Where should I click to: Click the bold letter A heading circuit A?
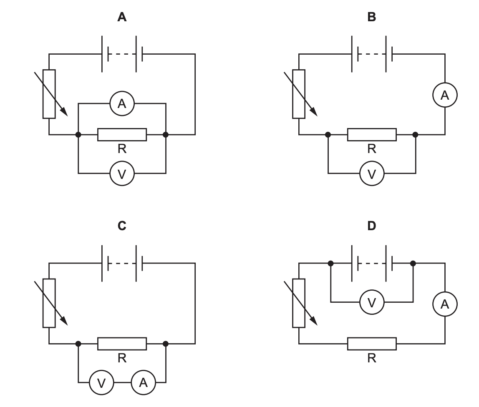(122, 17)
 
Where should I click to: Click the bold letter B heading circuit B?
(371, 17)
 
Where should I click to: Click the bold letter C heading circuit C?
(122, 226)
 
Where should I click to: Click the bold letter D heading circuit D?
(371, 226)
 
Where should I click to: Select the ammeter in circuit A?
(122, 103)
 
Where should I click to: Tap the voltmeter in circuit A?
(122, 173)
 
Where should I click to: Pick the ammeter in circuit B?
(445, 95)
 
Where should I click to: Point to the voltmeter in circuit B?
(371, 173)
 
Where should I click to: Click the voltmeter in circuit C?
(101, 382)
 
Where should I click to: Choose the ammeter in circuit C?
(143, 382)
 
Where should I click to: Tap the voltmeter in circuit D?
(372, 302)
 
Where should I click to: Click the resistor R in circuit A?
(122, 135)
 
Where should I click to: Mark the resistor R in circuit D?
(371, 344)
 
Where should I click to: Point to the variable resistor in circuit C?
(49, 303)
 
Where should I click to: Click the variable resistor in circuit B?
(299, 94)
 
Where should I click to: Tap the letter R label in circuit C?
(122, 358)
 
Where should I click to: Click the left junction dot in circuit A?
(78, 135)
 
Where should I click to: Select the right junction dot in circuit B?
(415, 135)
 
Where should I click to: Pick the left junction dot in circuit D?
(330, 263)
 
